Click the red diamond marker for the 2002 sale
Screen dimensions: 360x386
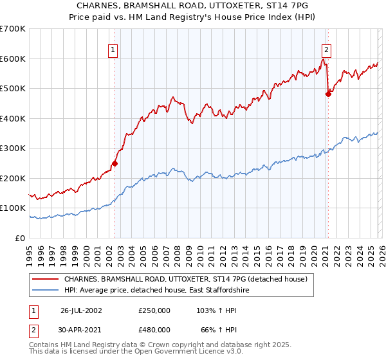pyautogui.click(x=115, y=163)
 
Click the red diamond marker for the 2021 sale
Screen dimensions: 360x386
pyautogui.click(x=328, y=94)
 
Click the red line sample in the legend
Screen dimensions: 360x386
pyautogui.click(x=46, y=280)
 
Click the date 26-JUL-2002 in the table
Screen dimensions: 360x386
pyautogui.click(x=81, y=310)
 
